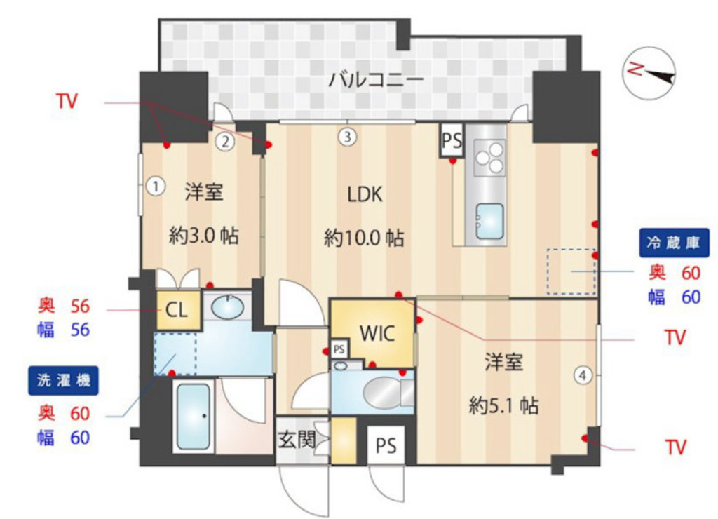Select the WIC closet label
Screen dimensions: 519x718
click(x=377, y=334)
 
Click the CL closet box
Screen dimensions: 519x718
click(x=177, y=310)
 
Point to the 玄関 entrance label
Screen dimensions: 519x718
click(x=295, y=440)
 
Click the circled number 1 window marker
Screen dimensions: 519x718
click(x=156, y=187)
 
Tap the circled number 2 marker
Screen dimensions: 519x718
click(x=224, y=142)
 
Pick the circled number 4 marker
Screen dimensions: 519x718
click(x=583, y=376)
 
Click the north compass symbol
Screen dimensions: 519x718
click(x=649, y=72)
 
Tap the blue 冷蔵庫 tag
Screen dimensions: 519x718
click(x=674, y=243)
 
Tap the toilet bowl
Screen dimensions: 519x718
click(x=383, y=391)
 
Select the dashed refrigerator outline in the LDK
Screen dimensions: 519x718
click(x=571, y=271)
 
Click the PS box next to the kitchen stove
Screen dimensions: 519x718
click(x=452, y=141)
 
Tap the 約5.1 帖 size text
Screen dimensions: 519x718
click(x=504, y=405)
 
